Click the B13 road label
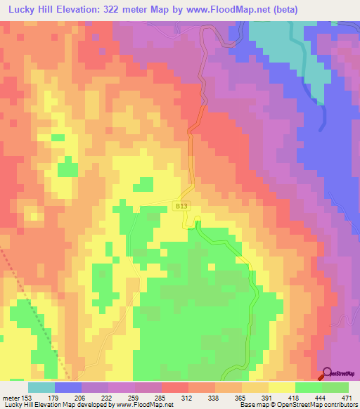181,205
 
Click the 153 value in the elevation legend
25,398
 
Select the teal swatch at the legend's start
41,387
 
